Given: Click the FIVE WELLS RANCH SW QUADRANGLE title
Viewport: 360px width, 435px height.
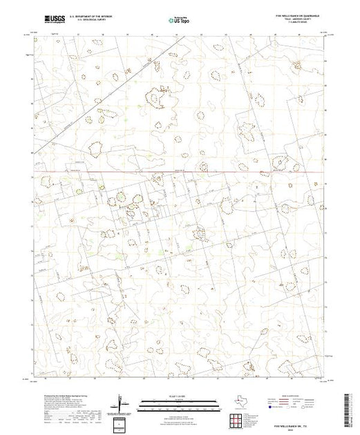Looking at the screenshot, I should point(298,15).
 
